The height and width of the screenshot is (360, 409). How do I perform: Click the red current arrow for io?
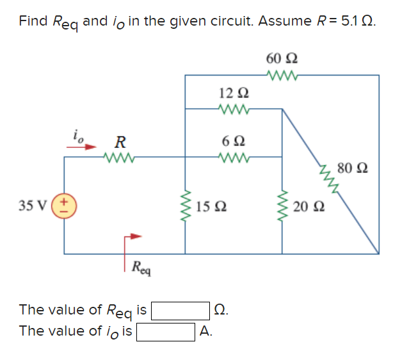pos(80,145)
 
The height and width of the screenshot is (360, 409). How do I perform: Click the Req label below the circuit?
pos(141,266)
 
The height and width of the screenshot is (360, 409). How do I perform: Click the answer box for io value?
pos(166,331)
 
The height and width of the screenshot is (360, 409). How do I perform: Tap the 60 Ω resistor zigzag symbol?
pos(282,77)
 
